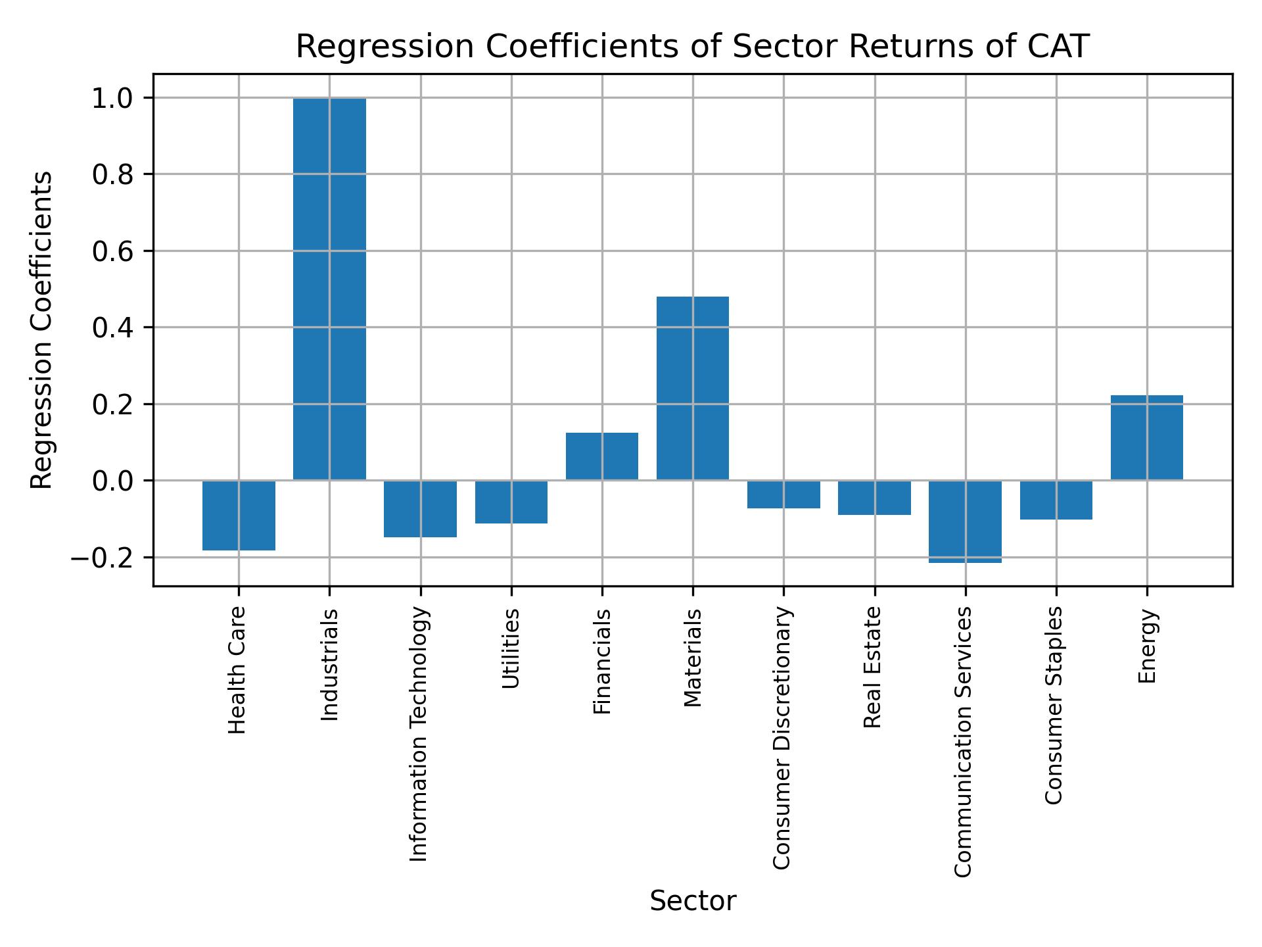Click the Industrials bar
click(329, 289)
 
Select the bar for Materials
click(693, 388)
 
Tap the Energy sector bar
click(1146, 437)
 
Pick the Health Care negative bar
click(239, 515)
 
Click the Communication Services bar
click(965, 522)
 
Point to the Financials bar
click(602, 456)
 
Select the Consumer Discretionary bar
click(783, 495)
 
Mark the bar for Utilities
click(511, 502)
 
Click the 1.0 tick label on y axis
click(112, 98)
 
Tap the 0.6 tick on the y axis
click(112, 251)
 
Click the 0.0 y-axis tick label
click(112, 481)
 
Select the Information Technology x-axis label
click(419, 734)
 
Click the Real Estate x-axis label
click(873, 667)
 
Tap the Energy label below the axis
click(1147, 646)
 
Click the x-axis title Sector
click(693, 901)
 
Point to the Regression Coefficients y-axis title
click(42, 330)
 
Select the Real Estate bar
click(874, 498)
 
